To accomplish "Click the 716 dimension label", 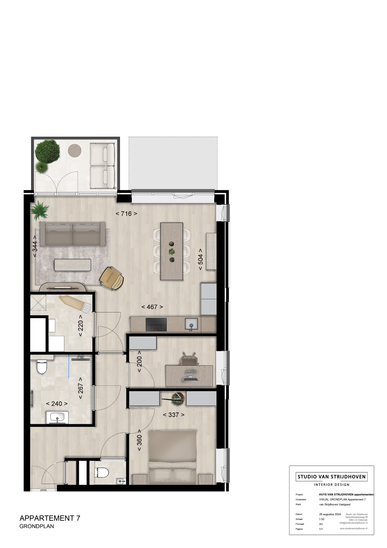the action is click(x=126, y=214).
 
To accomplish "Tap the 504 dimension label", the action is click(x=201, y=259).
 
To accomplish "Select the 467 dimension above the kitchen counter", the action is click(x=152, y=307).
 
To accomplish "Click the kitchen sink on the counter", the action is click(x=191, y=324).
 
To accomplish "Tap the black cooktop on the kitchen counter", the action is click(x=156, y=325).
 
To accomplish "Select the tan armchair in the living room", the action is click(x=112, y=278).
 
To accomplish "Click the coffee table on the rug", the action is click(x=73, y=265).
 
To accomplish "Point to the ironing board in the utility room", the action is click(x=76, y=304).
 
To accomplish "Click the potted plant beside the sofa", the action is click(x=39, y=210).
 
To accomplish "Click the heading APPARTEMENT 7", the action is click(x=50, y=518).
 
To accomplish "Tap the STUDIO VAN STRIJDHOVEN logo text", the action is click(x=331, y=477).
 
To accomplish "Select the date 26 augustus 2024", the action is click(x=330, y=514).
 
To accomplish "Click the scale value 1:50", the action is click(x=322, y=519).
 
